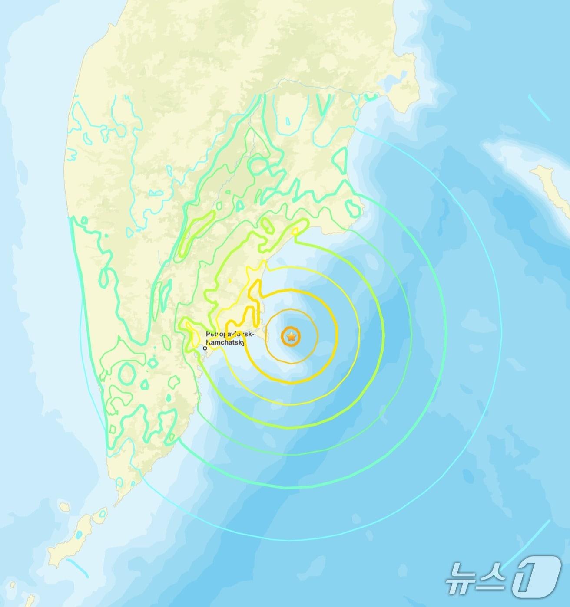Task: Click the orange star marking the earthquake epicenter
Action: [x=291, y=336]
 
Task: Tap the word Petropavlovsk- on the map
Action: [x=224, y=335]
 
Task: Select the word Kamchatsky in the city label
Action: [x=226, y=342]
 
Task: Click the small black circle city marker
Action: [x=205, y=348]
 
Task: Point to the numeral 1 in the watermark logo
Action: [x=535, y=577]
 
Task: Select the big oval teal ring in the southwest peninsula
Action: [x=127, y=373]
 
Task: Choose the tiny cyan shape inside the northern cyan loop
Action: [x=288, y=121]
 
